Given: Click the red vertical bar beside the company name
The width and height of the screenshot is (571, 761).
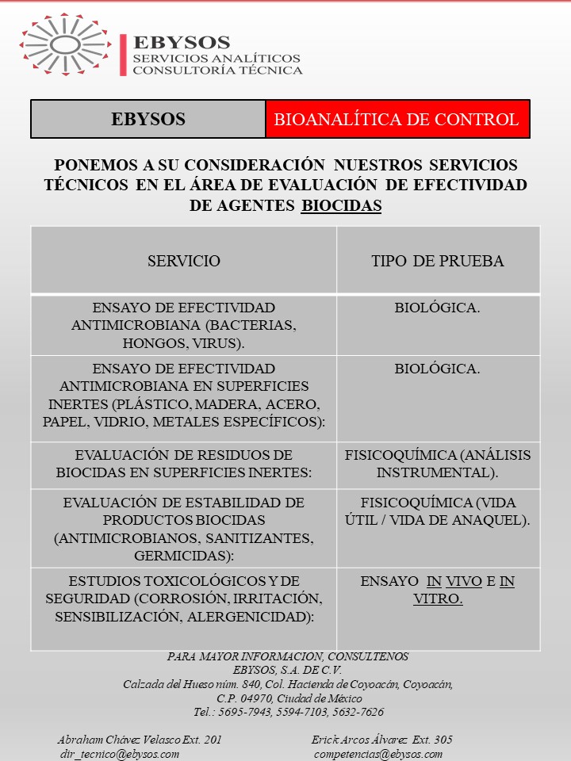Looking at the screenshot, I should tap(123, 55).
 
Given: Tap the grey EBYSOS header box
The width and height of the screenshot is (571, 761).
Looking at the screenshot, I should tap(148, 120).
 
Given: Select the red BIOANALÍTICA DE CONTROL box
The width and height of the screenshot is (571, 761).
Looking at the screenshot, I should tap(397, 120).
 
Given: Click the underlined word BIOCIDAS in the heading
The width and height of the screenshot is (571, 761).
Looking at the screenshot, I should tap(341, 206).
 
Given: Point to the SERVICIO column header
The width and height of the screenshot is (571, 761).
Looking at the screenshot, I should tap(184, 261).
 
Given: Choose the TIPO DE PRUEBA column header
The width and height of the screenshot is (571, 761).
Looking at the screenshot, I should tap(438, 261).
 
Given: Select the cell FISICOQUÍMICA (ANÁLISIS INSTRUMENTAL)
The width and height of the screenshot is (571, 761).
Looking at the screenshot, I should tap(438, 464).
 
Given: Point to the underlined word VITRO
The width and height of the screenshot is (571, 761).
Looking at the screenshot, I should tap(438, 599).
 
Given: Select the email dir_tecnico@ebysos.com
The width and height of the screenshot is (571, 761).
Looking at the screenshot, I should tap(119, 754).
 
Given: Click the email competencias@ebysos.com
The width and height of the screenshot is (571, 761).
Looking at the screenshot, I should tap(378, 754).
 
